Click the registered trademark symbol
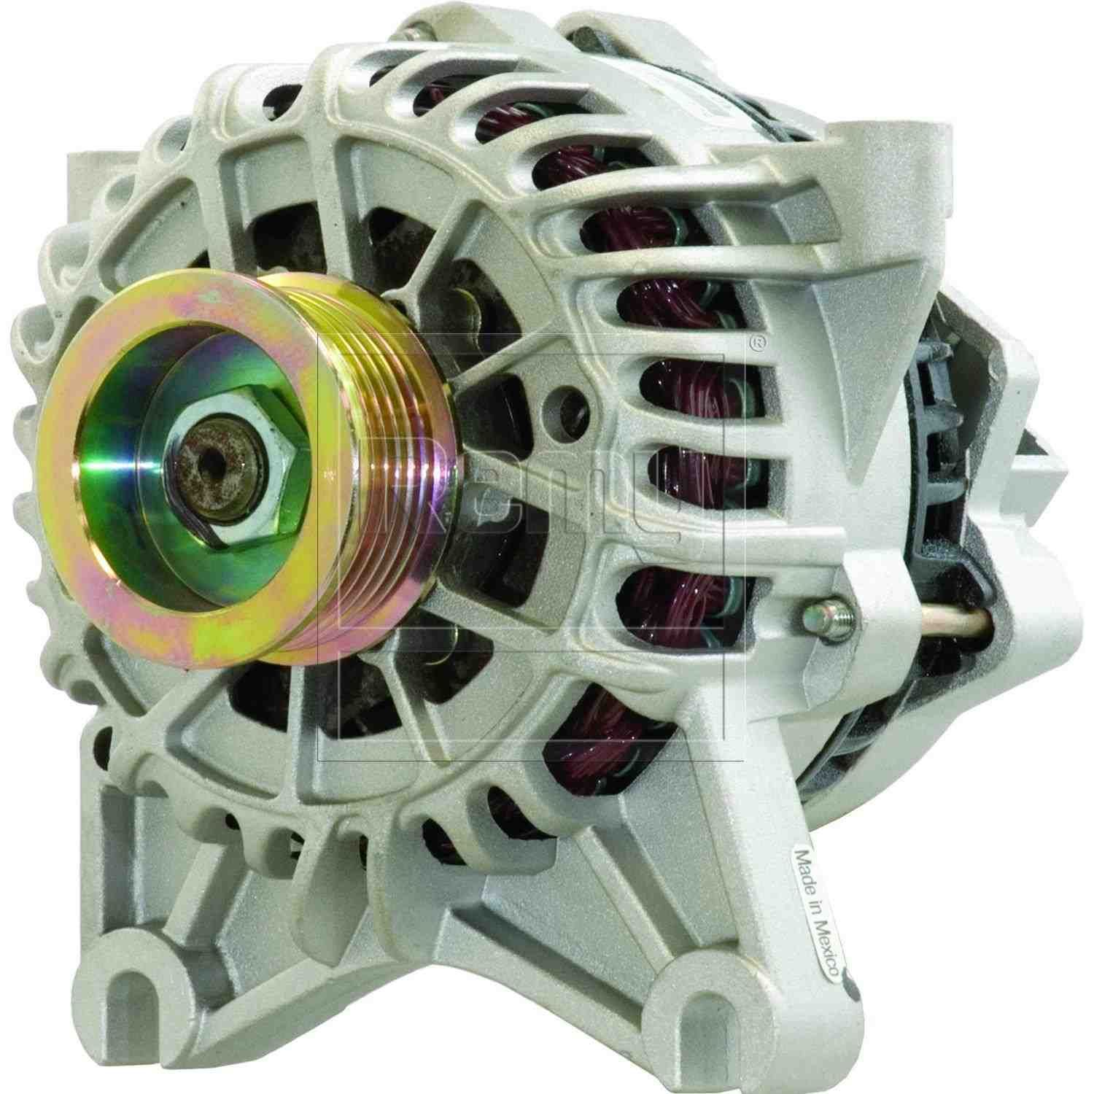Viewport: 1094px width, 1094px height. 759,340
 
